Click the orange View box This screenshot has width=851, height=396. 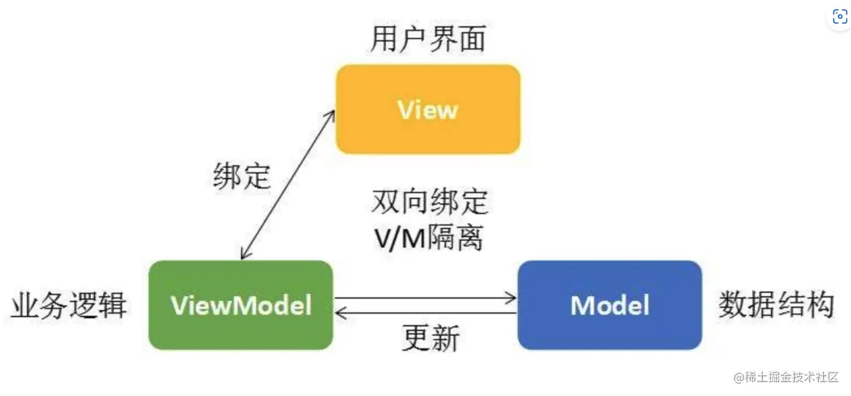click(427, 109)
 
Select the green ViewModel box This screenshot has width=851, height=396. click(240, 305)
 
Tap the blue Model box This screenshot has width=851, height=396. click(609, 305)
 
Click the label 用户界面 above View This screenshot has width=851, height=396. click(427, 39)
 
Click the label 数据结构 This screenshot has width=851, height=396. click(776, 305)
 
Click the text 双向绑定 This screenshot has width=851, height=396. click(430, 202)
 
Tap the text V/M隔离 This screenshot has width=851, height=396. click(429, 238)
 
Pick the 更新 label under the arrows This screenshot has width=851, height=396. click(430, 339)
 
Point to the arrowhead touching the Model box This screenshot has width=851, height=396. click(512, 299)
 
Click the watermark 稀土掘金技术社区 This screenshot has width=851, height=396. click(785, 377)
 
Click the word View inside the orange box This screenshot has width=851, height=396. click(427, 110)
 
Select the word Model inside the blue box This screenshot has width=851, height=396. click(609, 305)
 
